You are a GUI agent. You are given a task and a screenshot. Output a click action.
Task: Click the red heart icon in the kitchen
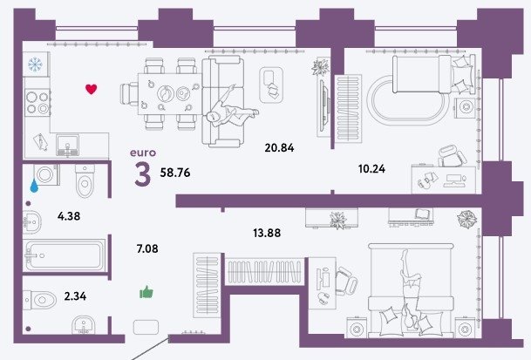pos(91,89)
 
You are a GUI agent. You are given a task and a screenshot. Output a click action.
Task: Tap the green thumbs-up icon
pos(146,292)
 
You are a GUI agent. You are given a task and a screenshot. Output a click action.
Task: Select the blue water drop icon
pos(34,186)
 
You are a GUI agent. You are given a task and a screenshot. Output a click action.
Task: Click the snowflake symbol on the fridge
pos(35,65)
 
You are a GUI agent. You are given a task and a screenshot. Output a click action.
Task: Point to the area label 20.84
pos(279,147)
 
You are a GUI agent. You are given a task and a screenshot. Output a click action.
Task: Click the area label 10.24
pos(371,168)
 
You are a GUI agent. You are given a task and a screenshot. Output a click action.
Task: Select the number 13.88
pos(267,233)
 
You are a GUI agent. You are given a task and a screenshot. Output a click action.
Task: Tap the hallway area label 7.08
pos(147,249)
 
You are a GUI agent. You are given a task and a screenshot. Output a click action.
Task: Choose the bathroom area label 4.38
pos(69,216)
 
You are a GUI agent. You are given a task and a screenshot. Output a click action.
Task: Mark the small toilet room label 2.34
pos(75,296)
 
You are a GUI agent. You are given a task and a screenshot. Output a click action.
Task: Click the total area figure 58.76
pos(175,173)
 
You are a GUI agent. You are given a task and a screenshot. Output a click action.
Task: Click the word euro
pos(143,153)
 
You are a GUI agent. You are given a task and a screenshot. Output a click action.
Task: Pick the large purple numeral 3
pos(143,174)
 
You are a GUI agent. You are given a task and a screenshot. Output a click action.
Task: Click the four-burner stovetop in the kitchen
pos(37,103)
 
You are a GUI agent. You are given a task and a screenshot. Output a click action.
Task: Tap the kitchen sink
pos(68,145)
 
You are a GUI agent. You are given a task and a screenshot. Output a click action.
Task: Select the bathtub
pos(65,255)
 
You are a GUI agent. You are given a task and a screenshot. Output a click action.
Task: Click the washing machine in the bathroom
pos(47,174)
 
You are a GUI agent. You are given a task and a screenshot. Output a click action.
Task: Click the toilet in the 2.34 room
pos(40,300)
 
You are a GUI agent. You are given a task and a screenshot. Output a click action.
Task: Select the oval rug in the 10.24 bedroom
pos(408,100)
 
